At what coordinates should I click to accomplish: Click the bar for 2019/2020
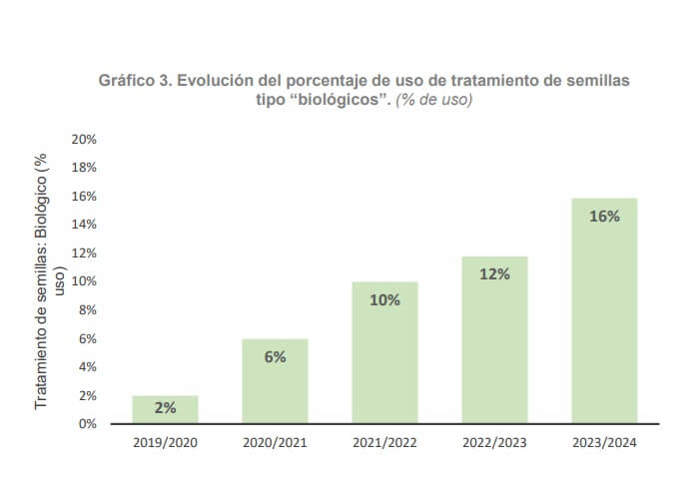click(x=165, y=410)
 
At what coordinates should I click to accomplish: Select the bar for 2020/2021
click(x=275, y=382)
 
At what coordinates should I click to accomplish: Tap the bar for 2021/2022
click(x=384, y=353)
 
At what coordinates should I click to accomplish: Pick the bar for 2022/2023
click(x=494, y=340)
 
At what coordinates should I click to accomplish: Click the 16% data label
click(x=604, y=216)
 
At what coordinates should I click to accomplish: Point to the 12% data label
click(x=494, y=273)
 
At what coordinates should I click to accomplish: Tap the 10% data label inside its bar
click(x=384, y=299)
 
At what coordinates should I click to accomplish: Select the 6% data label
click(x=275, y=356)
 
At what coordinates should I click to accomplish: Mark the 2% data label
click(x=165, y=408)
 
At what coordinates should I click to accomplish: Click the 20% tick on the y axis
click(x=84, y=139)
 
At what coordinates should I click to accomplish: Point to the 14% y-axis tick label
click(x=84, y=225)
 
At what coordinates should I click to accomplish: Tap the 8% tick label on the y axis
click(x=87, y=310)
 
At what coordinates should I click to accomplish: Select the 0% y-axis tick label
click(x=87, y=424)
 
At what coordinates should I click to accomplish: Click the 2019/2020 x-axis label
click(x=165, y=442)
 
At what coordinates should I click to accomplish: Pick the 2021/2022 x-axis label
click(x=384, y=442)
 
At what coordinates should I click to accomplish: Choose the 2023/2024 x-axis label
click(x=604, y=442)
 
